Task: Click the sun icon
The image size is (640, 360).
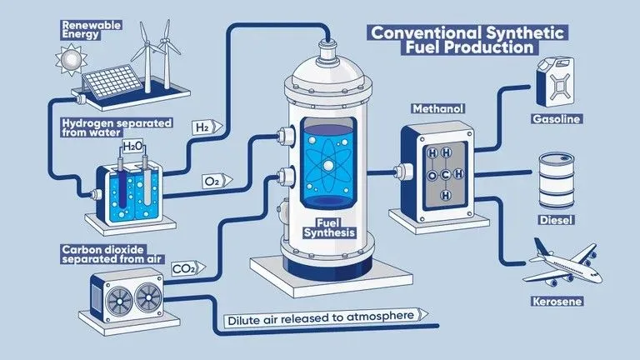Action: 71,60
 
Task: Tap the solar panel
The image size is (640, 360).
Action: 112,82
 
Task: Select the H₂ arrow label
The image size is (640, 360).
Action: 207,127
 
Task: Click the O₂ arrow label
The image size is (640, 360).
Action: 217,181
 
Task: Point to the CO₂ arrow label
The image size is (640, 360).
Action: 187,268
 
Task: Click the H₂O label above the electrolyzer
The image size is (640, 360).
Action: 132,146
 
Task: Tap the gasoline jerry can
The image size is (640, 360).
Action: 555,82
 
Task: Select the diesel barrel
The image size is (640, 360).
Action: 557,181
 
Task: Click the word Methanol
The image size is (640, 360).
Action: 438,109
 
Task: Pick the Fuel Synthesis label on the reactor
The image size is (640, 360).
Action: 329,228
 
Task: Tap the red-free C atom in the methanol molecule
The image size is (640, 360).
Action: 445,175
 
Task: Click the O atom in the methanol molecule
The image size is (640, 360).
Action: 432,176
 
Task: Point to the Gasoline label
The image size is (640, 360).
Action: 557,119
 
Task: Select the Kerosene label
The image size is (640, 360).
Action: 557,302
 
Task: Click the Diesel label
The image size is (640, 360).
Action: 557,220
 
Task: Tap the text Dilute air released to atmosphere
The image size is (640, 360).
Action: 321,317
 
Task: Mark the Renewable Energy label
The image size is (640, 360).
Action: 91,30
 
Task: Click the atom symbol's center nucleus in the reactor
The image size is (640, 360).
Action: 328,165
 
